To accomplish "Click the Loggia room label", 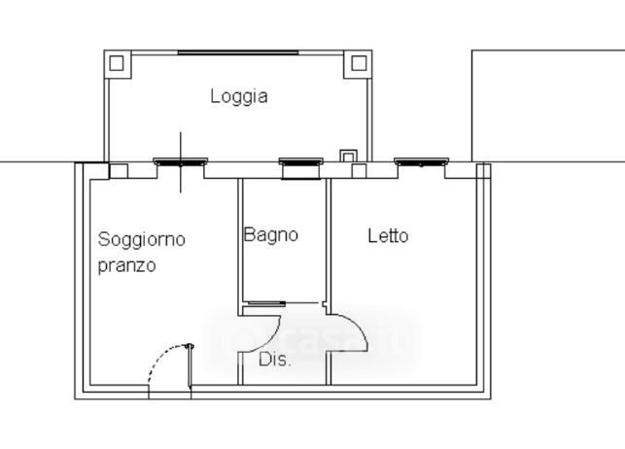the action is click(x=239, y=97).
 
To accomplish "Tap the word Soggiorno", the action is click(x=142, y=240).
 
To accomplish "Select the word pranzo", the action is click(x=126, y=266).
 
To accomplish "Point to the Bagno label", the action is click(x=270, y=235).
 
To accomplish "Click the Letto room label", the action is click(x=388, y=236).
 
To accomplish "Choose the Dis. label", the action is click(x=275, y=360).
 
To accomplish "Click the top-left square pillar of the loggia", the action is click(x=118, y=63).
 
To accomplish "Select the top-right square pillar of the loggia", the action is click(x=359, y=63).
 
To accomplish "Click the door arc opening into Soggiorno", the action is click(x=271, y=339).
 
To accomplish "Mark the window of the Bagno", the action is click(x=301, y=162).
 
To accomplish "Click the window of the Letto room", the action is click(x=421, y=161).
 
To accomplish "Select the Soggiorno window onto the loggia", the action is click(x=181, y=161).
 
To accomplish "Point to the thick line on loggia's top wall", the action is click(x=238, y=52).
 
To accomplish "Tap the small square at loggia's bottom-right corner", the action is click(x=348, y=156).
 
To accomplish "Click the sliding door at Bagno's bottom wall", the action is click(x=264, y=303).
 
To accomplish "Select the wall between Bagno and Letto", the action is click(x=329, y=242).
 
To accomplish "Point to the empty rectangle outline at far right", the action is click(x=548, y=106).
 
